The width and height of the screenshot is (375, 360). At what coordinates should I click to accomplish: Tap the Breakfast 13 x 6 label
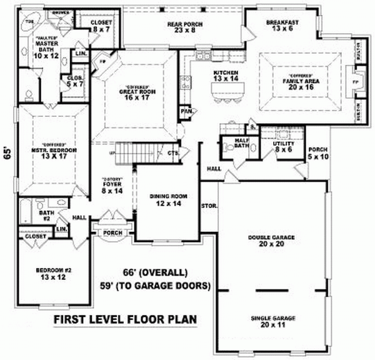pyautogui.click(x=282, y=25)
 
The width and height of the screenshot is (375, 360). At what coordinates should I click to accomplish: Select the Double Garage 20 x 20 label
pyautogui.click(x=271, y=241)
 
